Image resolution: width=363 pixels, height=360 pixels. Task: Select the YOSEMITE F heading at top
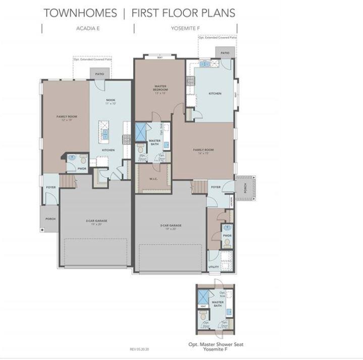coord(185,29)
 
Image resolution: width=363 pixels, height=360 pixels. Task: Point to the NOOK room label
coord(111,100)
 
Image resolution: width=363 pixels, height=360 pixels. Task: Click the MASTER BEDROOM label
coord(161,88)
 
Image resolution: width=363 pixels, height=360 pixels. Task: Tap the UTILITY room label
coord(214,267)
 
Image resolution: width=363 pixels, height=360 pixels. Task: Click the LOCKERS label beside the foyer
coord(232,202)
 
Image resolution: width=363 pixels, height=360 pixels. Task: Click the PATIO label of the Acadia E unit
coord(99,74)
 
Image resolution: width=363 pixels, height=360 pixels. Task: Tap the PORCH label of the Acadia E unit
coord(50,219)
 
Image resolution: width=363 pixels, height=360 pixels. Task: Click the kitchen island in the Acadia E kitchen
coord(105,130)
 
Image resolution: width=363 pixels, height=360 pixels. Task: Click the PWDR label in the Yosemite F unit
coord(227,235)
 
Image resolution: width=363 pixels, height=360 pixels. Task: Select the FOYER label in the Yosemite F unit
coord(216,187)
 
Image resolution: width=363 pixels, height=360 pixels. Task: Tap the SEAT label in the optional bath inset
coord(202,306)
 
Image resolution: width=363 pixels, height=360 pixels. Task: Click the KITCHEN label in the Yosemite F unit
coord(215,93)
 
